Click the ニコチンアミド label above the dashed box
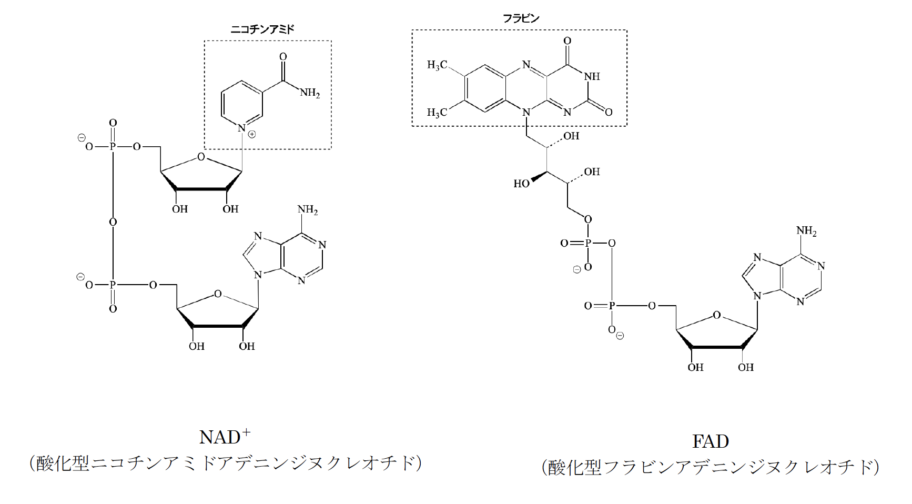tap(262, 29)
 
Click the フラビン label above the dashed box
tap(521, 18)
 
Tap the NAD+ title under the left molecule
tap(225, 437)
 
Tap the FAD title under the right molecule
tap(711, 441)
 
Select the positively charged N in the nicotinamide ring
tap(241, 128)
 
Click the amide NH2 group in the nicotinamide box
tap(310, 94)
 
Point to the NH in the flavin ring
tap(592, 76)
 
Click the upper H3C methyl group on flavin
tap(437, 65)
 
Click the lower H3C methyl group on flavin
tap(437, 112)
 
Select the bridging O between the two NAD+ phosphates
tap(113, 222)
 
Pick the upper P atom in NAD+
tap(113, 146)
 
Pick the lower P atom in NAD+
tap(113, 285)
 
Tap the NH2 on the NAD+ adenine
tap(308, 210)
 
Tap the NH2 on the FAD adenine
tap(806, 231)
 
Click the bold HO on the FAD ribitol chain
tap(522, 184)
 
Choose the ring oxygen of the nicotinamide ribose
tap(201, 157)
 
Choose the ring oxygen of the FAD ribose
tap(716, 315)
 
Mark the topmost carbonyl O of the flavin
tap(567, 41)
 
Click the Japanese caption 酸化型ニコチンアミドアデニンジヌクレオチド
tap(226, 463)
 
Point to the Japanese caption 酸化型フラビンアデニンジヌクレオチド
tap(711, 467)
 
